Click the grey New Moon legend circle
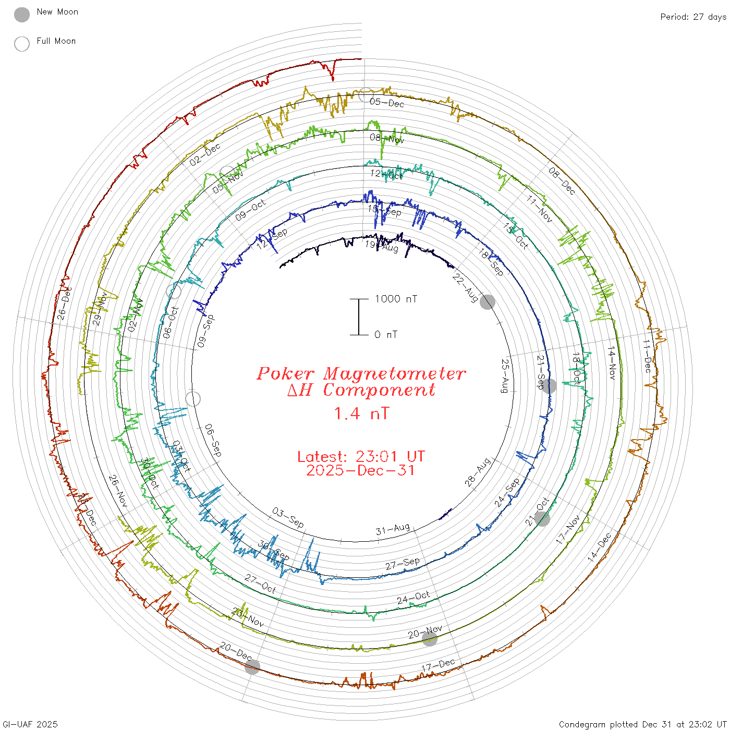pos(22,15)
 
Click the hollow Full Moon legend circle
pos(22,44)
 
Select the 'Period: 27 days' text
pos(693,17)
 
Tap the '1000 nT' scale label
pos(396,299)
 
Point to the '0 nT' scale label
pos(386,334)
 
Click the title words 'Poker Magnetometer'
pos(361,373)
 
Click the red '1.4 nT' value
pos(361,413)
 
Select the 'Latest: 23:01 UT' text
pos(361,457)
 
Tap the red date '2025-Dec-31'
pos(361,470)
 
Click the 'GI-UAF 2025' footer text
pos(30,724)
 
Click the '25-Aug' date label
pos(505,375)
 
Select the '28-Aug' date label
pos(478,472)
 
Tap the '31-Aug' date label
pos(393,530)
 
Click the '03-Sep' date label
pos(288,517)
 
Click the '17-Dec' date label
pos(438,666)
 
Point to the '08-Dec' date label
pos(562,180)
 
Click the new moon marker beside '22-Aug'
pos(488,301)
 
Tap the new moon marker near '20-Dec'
pos(252,667)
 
